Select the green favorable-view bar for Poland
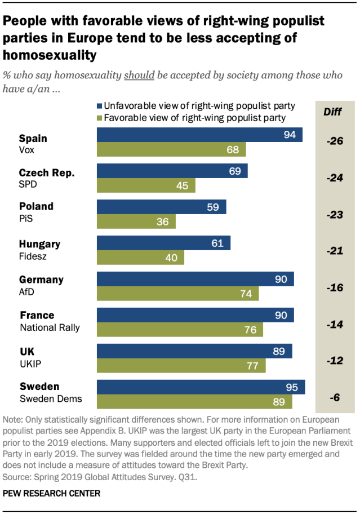[x=136, y=221]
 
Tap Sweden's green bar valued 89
[x=194, y=401]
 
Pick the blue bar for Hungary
[x=163, y=243]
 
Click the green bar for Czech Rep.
[x=146, y=185]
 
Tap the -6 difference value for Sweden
[x=334, y=397]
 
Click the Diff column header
[x=333, y=111]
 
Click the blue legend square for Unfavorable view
[x=100, y=105]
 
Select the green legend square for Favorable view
[x=100, y=118]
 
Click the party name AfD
[x=26, y=291]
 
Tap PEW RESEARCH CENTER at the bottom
[x=52, y=493]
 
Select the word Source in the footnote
[x=17, y=477]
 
